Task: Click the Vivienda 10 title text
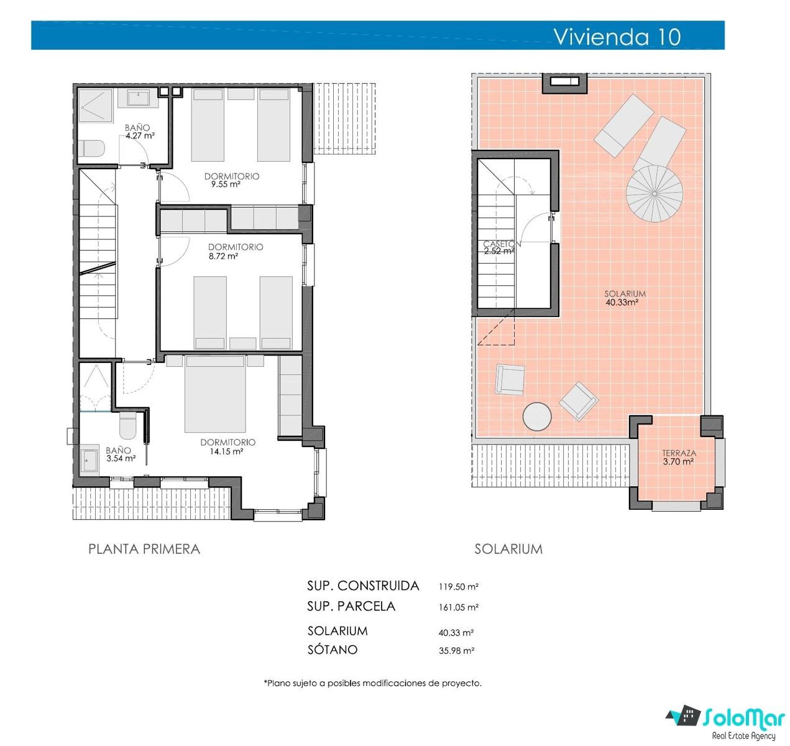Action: [617, 37]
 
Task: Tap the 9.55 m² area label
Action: [226, 184]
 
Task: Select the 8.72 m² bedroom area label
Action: [223, 256]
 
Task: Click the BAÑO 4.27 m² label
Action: [140, 131]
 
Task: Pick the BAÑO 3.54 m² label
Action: [121, 454]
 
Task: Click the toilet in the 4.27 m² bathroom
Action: [91, 149]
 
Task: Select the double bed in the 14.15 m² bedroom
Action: [215, 394]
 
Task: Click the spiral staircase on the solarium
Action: [654, 193]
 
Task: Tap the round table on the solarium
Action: [537, 417]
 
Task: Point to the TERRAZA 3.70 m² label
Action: [679, 457]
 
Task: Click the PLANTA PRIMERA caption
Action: [144, 549]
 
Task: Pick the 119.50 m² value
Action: [458, 586]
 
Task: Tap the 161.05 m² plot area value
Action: [458, 607]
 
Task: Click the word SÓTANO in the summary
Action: [333, 649]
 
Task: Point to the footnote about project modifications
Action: [373, 683]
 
